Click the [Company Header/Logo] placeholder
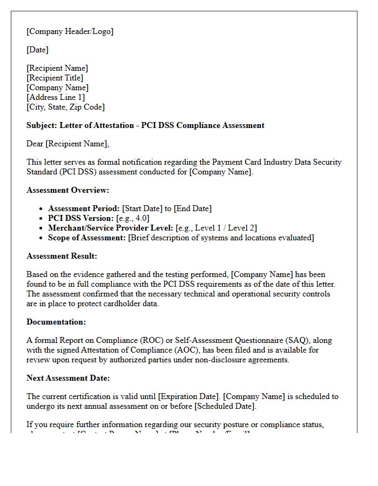pos(70,31)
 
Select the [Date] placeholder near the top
pos(37,50)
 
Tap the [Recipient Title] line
pos(55,78)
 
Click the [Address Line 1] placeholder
pos(56,97)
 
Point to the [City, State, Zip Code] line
pos(65,107)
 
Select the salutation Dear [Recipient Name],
pos(67,144)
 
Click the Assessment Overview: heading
pos(67,190)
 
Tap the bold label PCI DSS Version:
pos(81,218)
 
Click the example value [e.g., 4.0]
pos(133,218)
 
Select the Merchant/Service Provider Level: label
pos(111,228)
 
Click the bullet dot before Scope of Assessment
pos(42,238)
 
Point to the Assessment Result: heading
pos(62,256)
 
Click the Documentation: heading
pos(56,322)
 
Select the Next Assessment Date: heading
pos(68,378)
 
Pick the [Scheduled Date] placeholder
pos(225,406)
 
